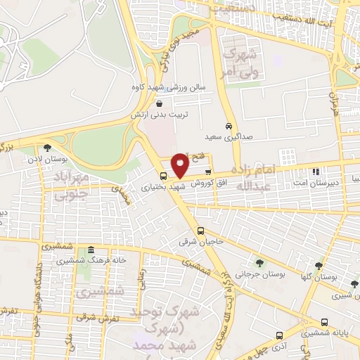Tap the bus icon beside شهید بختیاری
pos(164,176)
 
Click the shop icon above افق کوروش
pos(207,172)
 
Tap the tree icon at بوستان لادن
pos(47,148)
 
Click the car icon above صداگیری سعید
pos(229,127)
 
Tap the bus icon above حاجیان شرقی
pos(201,231)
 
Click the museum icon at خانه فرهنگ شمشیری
pos(90,251)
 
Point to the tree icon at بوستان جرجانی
pos(260,263)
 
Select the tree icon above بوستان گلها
pos(319,266)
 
